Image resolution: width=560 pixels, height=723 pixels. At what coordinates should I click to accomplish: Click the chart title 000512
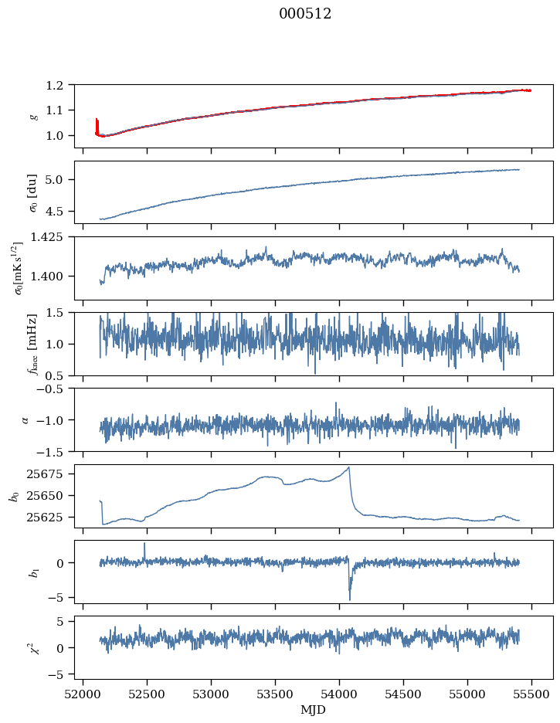coord(305,14)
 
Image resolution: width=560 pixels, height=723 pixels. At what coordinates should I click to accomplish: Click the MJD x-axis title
coord(314,709)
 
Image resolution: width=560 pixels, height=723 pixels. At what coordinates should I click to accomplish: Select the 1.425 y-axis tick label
coord(54,237)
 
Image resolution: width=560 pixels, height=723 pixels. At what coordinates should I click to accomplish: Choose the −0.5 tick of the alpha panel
coord(56,389)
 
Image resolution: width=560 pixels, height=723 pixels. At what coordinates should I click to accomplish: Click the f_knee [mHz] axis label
coord(34,345)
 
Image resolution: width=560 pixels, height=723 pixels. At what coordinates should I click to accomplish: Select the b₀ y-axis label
coord(15,496)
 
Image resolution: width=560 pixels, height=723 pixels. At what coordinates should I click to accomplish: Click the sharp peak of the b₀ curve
coord(349,467)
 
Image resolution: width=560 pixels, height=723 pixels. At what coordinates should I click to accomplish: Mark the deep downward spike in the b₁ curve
coord(350,599)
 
